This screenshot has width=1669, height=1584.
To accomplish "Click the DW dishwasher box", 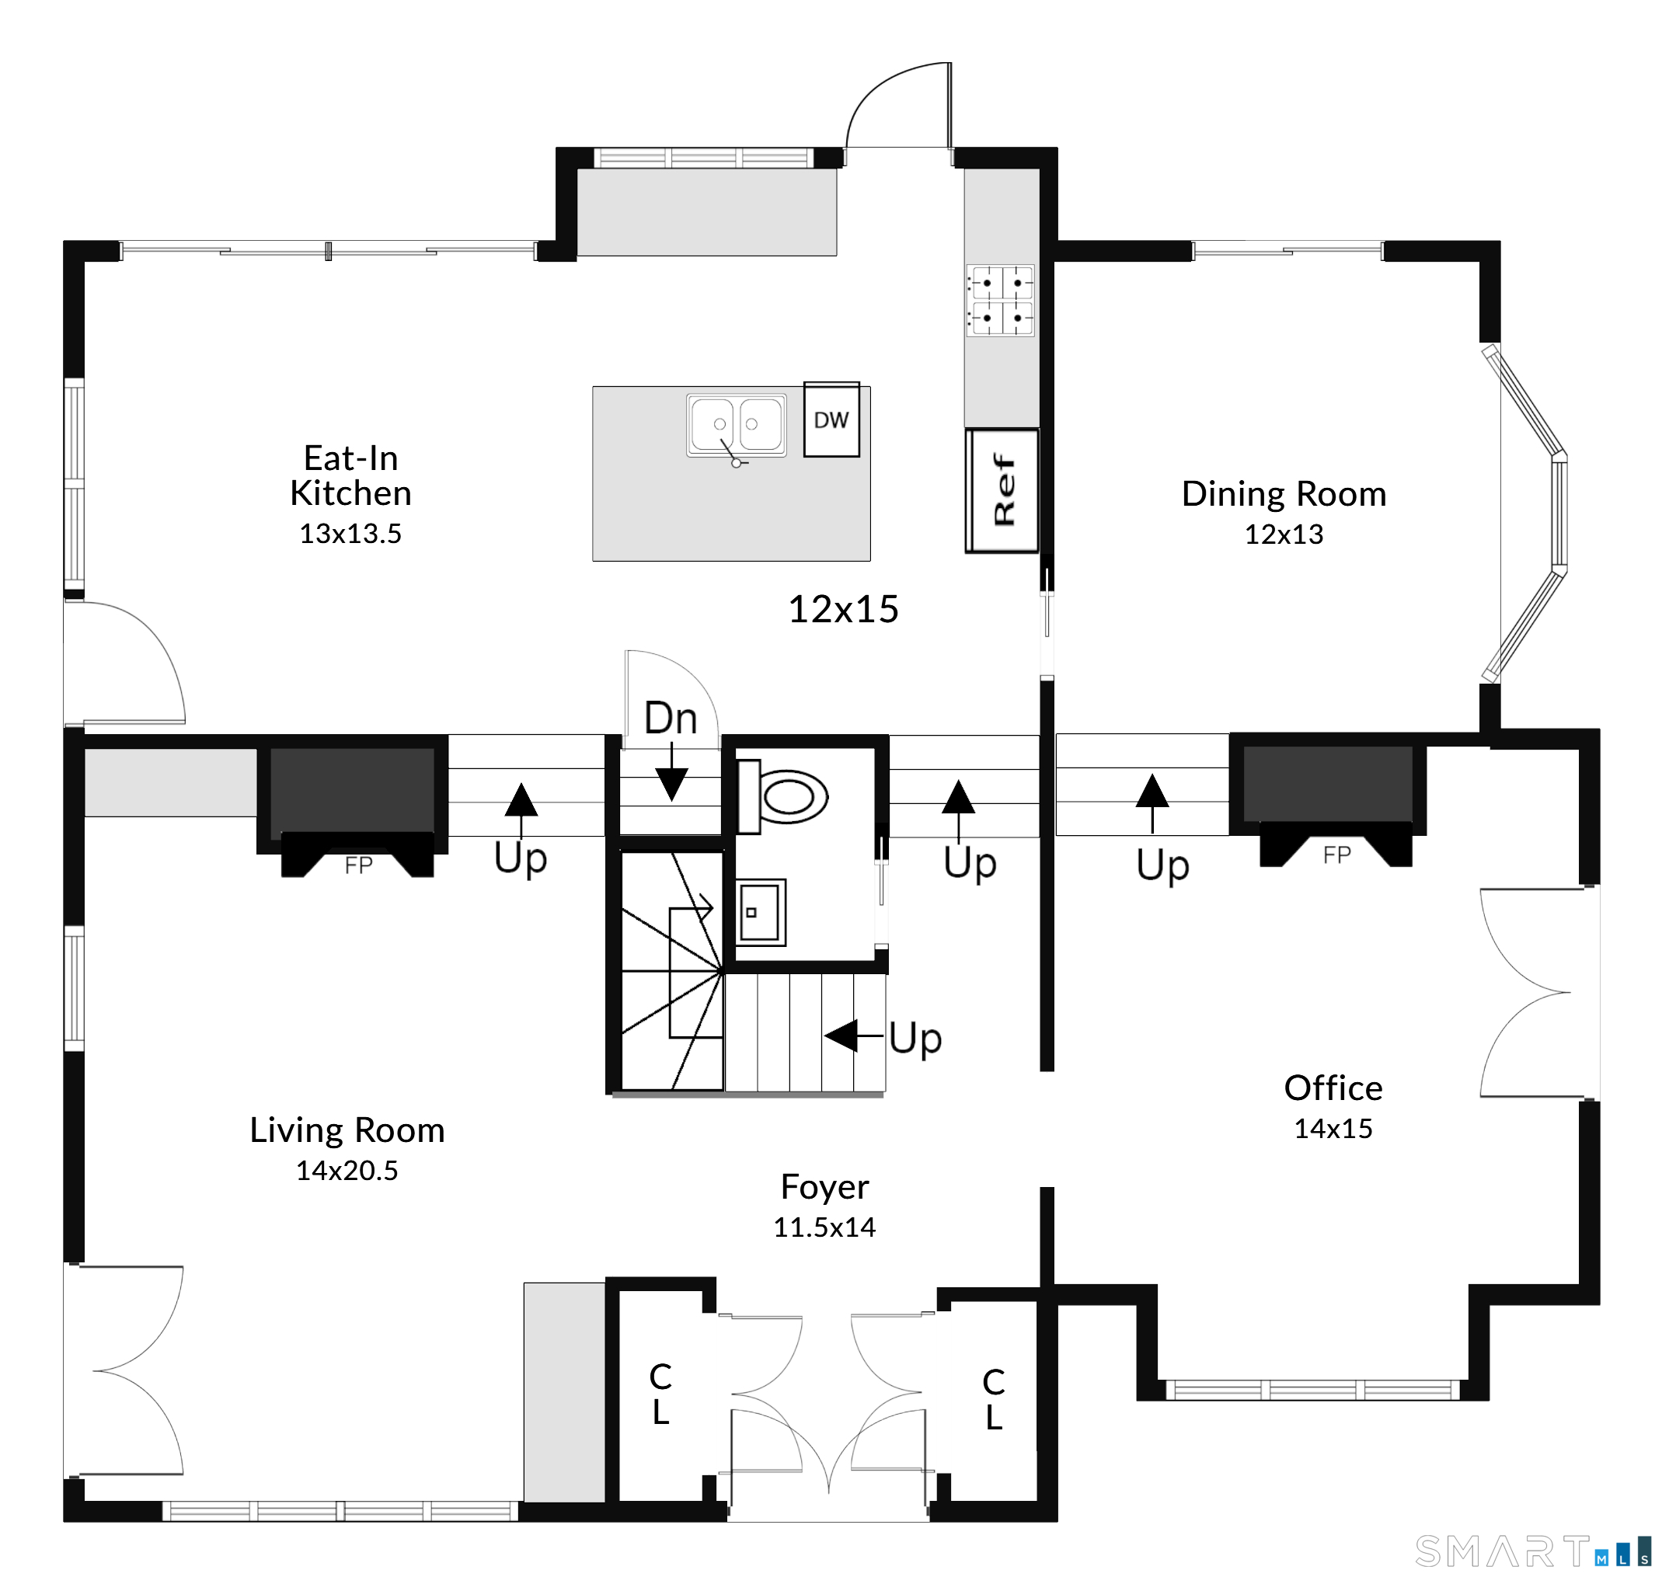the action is coord(831,419).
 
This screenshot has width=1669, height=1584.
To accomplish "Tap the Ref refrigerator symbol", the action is coord(1002,490).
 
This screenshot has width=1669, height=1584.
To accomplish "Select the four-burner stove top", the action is coord(1001,301).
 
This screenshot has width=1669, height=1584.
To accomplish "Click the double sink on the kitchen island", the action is coord(737,426).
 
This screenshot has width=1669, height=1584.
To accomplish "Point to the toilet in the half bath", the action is coord(782,796).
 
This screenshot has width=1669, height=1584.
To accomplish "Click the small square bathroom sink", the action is coord(761,912).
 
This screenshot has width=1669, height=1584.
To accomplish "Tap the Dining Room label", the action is coord(1284,495).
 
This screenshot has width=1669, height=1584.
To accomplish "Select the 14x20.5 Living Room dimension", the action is coord(347,1170).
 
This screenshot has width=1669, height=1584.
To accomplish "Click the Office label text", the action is coord(1333,1088).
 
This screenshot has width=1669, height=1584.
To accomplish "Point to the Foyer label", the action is coord(824,1187).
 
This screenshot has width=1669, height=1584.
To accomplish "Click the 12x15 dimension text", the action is coord(843,609).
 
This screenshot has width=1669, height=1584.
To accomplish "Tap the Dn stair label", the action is coord(671,719).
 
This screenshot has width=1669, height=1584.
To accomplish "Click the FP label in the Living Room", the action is coord(358,865).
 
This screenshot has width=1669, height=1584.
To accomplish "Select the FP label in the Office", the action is coord(1337,855).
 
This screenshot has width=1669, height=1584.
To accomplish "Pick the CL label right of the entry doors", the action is coord(994,1399).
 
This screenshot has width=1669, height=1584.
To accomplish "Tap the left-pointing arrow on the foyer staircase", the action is coord(853,1036).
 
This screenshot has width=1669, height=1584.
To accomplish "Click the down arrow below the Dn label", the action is coord(671,771).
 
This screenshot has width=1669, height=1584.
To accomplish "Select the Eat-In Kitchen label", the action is coord(350,475).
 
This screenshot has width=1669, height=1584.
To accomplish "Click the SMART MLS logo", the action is coord(1533,1551).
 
